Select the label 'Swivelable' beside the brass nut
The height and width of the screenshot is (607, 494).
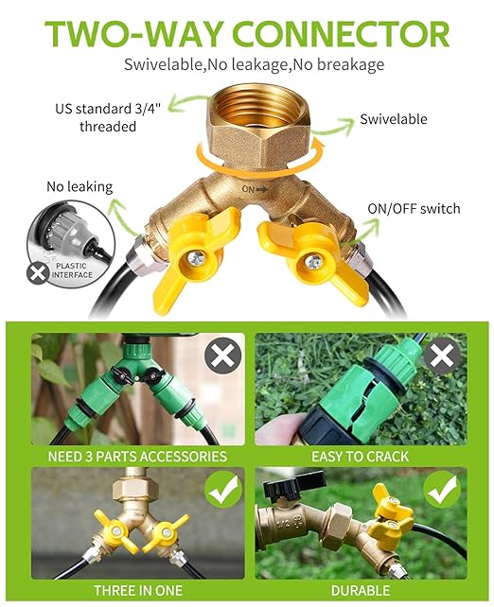click(393, 120)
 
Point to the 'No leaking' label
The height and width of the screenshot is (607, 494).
click(79, 187)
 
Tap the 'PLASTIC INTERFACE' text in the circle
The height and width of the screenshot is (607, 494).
click(74, 270)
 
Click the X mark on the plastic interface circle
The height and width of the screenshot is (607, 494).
click(38, 273)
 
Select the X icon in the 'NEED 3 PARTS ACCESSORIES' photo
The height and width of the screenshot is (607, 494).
click(221, 356)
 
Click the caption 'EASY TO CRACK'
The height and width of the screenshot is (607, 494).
click(361, 456)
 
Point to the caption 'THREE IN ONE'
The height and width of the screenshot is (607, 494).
click(137, 590)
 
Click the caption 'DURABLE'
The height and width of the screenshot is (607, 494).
click(361, 590)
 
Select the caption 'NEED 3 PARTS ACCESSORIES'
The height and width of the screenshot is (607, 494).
click(137, 456)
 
